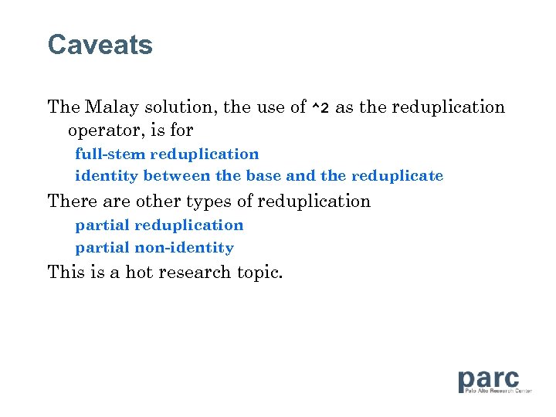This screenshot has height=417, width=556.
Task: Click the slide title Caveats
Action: (x=100, y=45)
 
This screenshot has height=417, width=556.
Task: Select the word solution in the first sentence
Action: (x=179, y=107)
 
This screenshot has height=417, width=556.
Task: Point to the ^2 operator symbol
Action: (x=320, y=108)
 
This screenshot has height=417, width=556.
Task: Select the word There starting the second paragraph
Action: (x=68, y=202)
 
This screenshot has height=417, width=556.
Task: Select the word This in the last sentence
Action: (x=64, y=272)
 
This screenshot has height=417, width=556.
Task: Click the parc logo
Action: (x=489, y=381)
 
